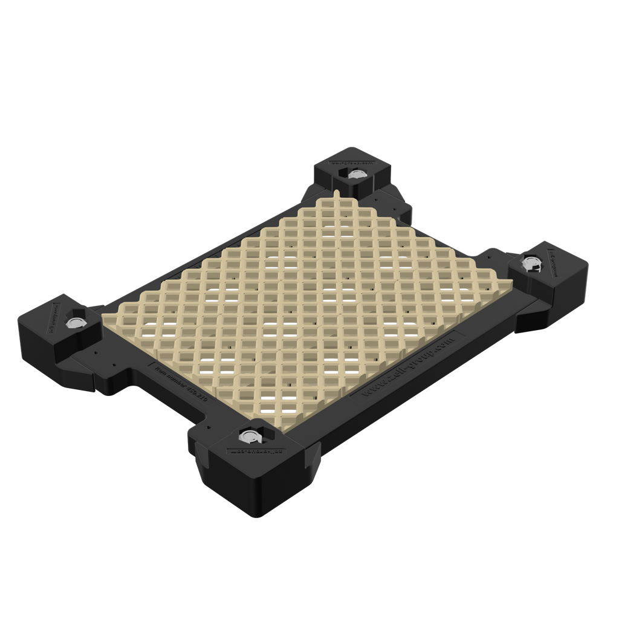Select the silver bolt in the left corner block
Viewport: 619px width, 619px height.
77,322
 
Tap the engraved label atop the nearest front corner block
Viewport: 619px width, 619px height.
253,450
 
